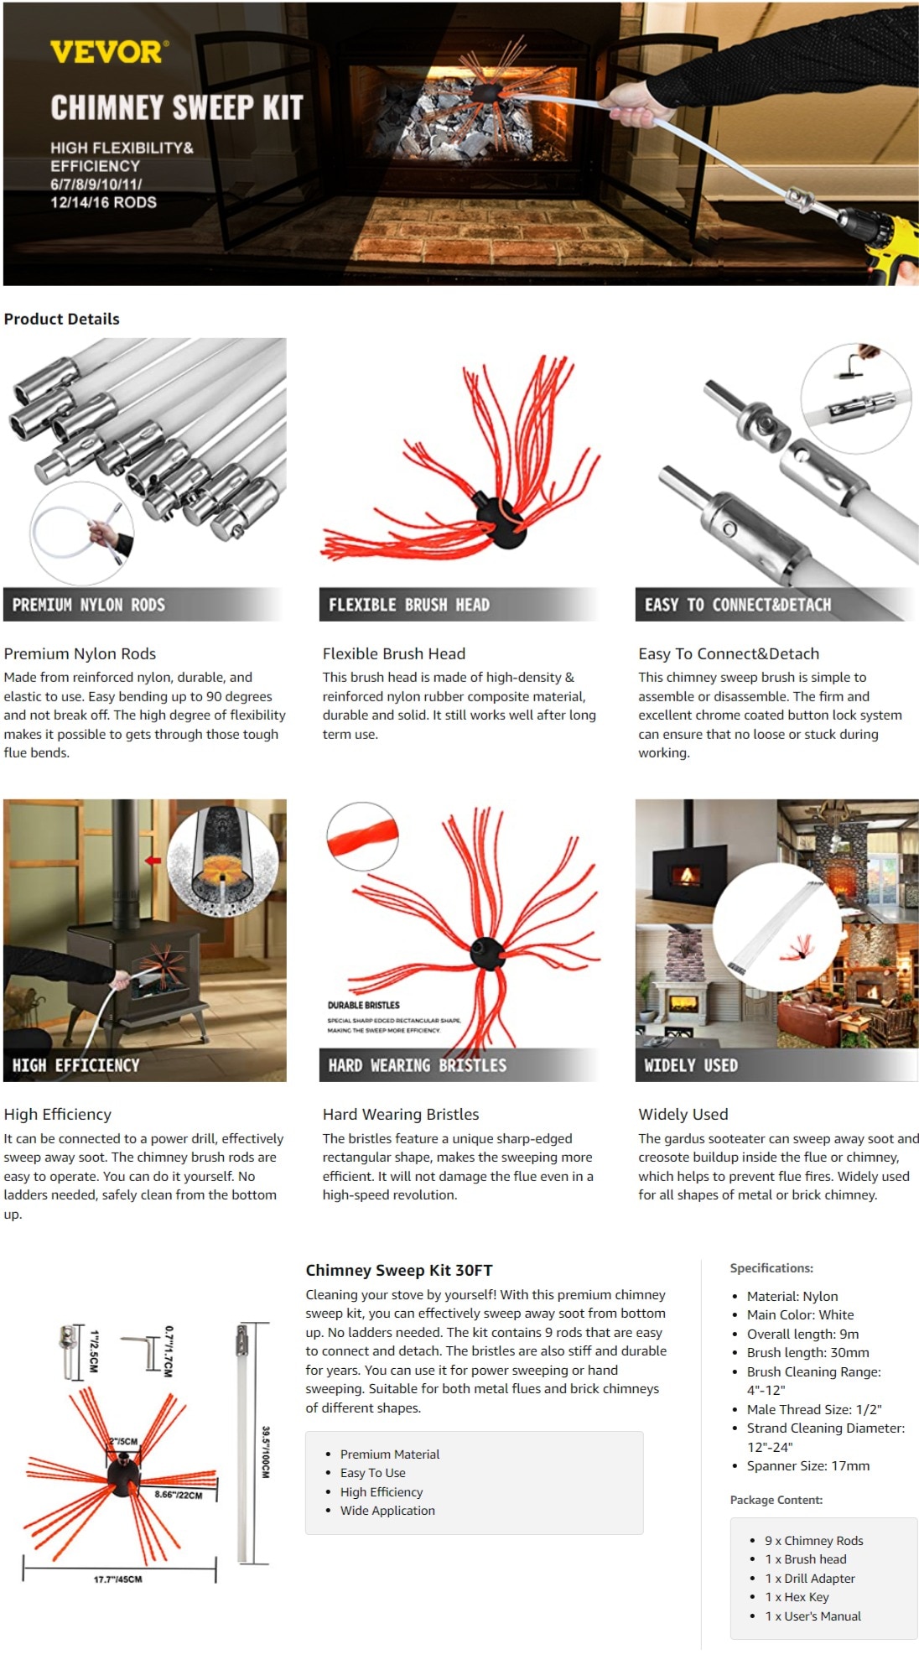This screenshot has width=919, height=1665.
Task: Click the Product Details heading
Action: click(x=62, y=319)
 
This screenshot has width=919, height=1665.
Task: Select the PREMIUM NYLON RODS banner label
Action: click(x=89, y=605)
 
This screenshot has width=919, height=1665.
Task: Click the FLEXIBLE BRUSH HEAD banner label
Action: click(x=409, y=605)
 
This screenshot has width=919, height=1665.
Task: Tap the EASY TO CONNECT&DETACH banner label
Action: click(x=738, y=605)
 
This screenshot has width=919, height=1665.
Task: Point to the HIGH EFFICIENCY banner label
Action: click(x=75, y=1065)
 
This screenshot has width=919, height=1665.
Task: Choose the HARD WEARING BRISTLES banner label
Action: click(x=418, y=1065)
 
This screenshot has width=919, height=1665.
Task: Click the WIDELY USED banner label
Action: click(x=691, y=1065)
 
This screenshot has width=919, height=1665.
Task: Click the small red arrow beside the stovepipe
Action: click(x=153, y=860)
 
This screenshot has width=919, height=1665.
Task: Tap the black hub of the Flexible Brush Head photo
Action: click(x=501, y=521)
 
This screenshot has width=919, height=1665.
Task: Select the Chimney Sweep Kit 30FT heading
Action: click(x=399, y=1270)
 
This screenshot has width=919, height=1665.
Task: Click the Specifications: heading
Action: click(x=771, y=1268)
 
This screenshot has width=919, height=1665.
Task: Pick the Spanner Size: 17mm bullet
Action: click(x=808, y=1465)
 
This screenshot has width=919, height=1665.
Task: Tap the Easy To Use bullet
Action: click(x=373, y=1472)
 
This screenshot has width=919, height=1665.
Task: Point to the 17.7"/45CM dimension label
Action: click(x=117, y=1579)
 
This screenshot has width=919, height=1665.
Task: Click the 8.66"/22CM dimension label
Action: click(x=179, y=1495)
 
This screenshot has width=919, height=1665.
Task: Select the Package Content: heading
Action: click(x=776, y=1500)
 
